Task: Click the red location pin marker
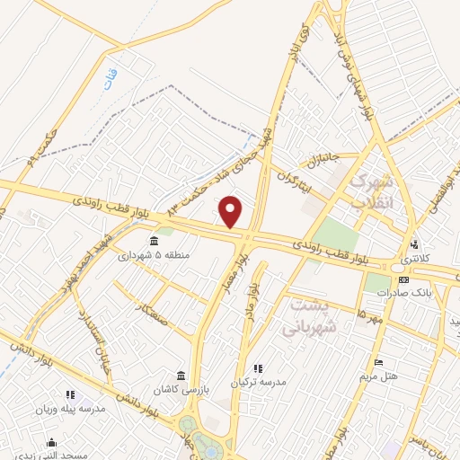click(231, 211)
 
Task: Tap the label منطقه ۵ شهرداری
click(155, 256)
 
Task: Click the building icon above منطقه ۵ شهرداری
click(155, 241)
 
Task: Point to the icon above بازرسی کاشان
click(181, 374)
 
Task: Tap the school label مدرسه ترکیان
click(258, 383)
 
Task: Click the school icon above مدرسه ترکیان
click(258, 368)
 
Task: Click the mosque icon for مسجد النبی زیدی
click(51, 442)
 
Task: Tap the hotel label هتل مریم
click(379, 376)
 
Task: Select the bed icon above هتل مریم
click(379, 362)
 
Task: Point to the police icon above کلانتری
click(414, 243)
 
